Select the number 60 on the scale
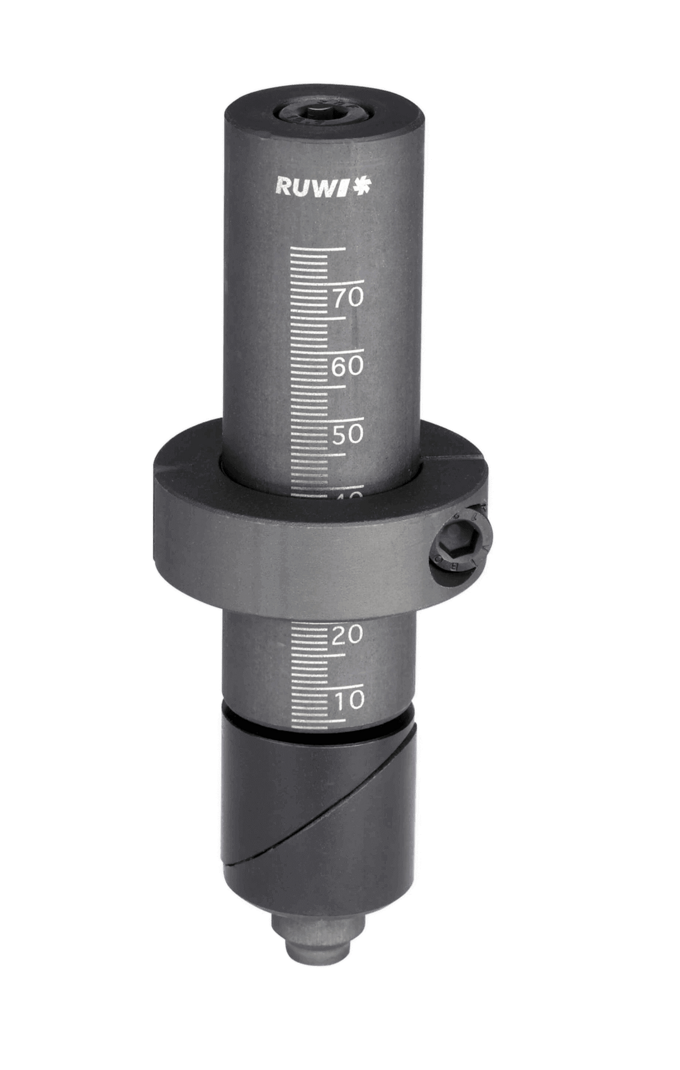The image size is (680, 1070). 348,366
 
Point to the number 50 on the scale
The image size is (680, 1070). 348,434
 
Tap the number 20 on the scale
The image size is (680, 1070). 348,635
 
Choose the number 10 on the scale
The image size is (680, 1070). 348,700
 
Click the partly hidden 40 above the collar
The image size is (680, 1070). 347,496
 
